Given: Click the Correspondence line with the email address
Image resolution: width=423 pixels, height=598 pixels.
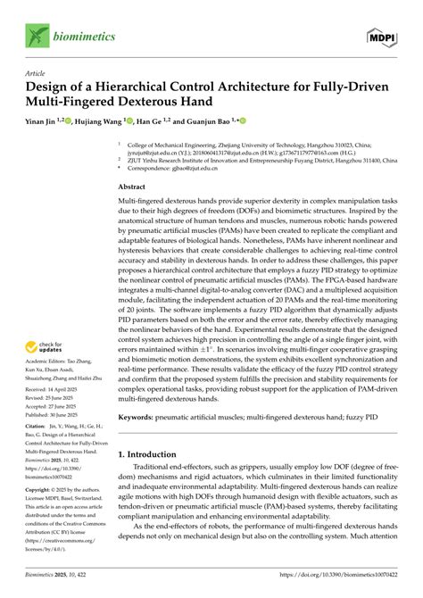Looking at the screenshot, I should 191,167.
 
